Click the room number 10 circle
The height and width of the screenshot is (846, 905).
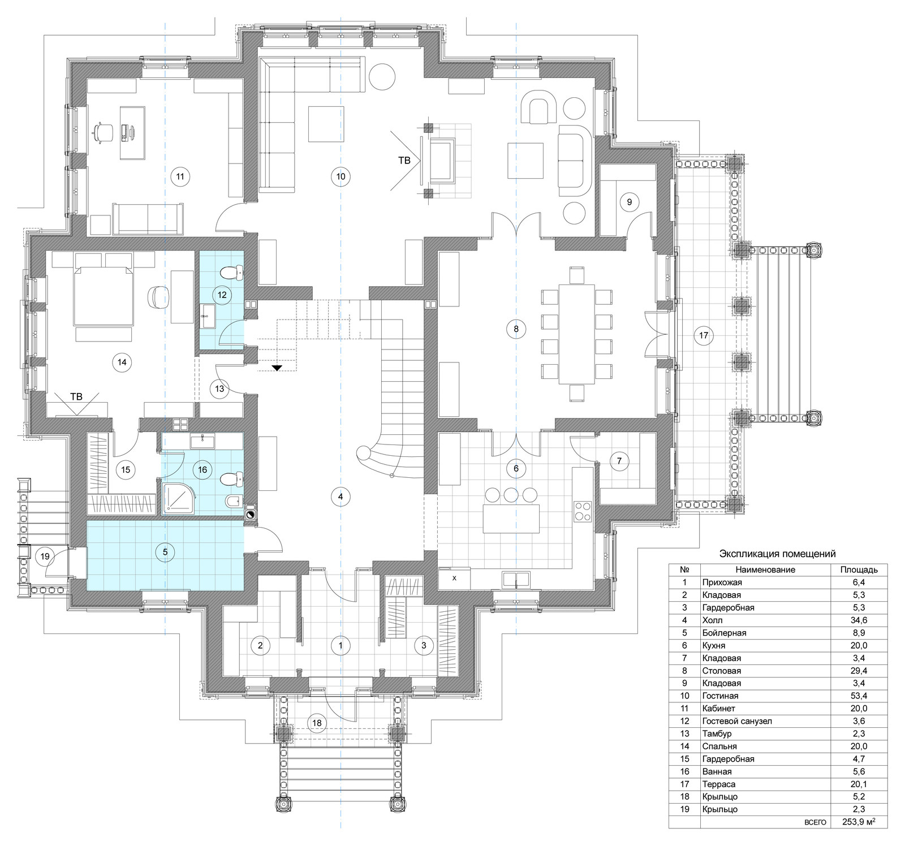point(341,176)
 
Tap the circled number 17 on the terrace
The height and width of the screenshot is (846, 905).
point(704,335)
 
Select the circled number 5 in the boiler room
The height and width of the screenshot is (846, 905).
point(165,552)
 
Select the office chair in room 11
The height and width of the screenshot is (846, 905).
point(102,134)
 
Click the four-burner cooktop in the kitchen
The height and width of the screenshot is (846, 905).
point(583,511)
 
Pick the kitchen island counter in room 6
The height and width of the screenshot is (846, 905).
point(511,518)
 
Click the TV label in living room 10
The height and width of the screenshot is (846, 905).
point(404,161)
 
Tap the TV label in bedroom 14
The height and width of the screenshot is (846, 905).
point(76,396)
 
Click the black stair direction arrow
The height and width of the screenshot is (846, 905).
point(277,368)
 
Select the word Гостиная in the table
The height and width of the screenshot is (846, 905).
point(720,696)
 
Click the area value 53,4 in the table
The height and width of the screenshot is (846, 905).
point(859,696)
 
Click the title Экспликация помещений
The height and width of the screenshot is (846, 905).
point(778,554)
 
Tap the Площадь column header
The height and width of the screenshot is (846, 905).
point(859,569)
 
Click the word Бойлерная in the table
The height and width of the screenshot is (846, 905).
point(724,633)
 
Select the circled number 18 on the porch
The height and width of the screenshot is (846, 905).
point(317,723)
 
